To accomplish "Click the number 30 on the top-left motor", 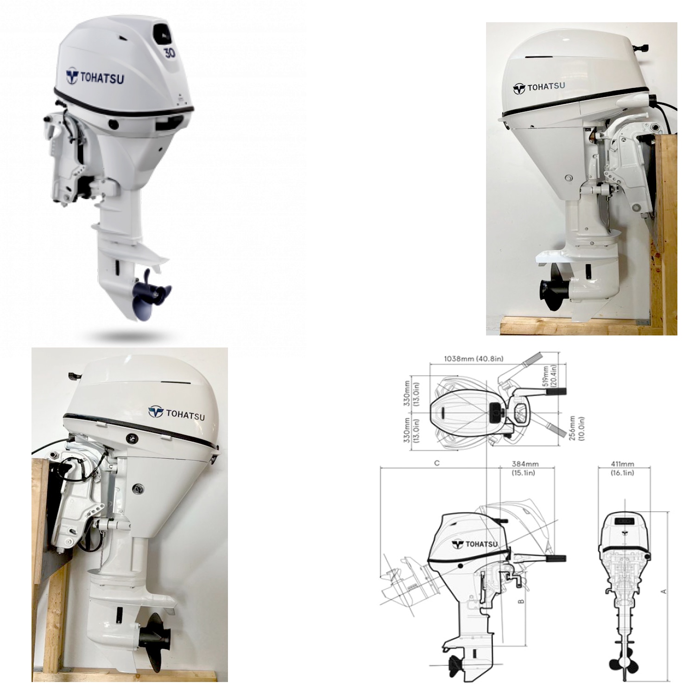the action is coord(170,53).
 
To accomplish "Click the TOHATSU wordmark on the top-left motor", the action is coord(95,77).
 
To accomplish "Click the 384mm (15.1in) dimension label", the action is coord(525,468).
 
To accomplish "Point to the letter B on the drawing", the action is coord(521,601).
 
